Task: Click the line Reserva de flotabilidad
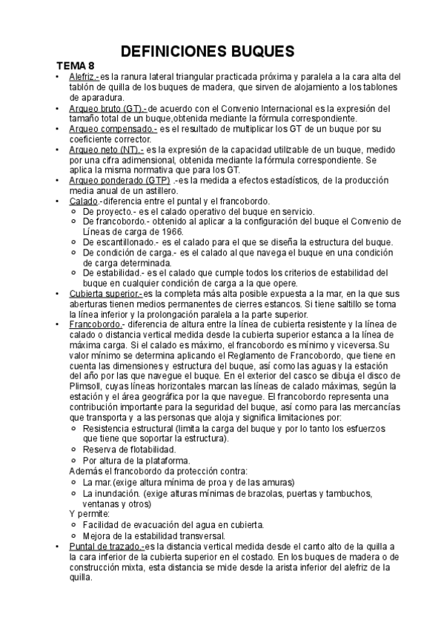(129, 449)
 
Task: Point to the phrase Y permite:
(88, 513)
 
